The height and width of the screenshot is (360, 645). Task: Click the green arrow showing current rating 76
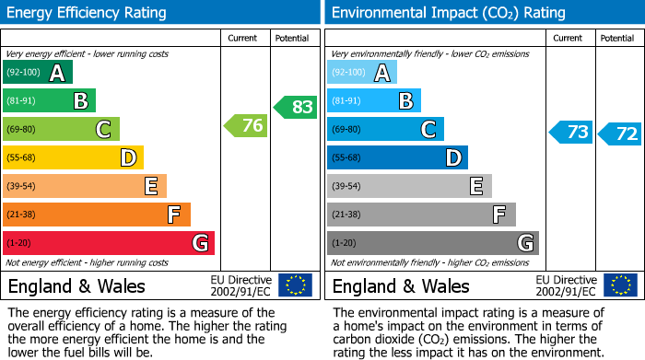click(246, 126)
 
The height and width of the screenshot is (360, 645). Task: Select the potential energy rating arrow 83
click(295, 107)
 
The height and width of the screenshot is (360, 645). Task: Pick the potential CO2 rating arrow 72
click(619, 134)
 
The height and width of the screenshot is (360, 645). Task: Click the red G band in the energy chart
click(109, 243)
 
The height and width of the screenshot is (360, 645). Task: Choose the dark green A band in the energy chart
click(38, 73)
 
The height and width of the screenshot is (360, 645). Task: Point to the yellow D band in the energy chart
click(74, 158)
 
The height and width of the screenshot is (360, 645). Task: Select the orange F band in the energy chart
click(97, 215)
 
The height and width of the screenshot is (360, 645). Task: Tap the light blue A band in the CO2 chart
click(362, 73)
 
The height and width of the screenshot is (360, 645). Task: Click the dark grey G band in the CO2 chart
click(432, 243)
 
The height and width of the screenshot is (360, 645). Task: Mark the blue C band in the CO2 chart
click(385, 130)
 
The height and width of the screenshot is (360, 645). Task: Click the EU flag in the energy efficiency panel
click(295, 285)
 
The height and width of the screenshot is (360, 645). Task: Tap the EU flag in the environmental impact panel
click(619, 285)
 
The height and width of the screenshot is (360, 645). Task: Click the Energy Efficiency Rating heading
click(88, 13)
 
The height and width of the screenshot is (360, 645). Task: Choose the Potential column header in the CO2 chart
click(617, 38)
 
